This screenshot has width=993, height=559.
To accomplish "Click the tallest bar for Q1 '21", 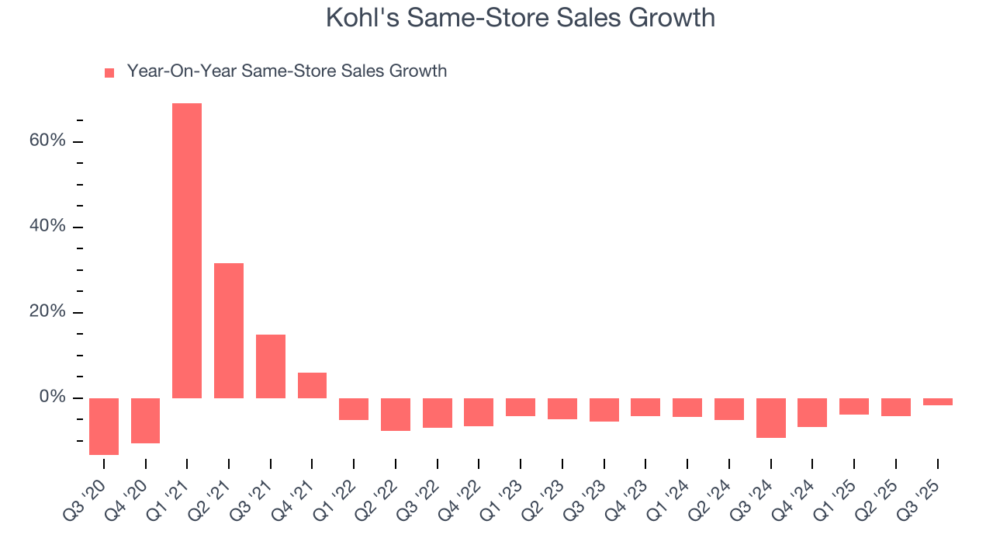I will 187,251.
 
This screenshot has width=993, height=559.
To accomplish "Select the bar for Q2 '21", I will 229,331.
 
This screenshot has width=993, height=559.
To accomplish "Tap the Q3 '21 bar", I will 271,366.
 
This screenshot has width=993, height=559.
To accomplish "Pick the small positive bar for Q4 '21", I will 312,385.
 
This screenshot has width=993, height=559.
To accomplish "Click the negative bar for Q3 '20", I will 104,426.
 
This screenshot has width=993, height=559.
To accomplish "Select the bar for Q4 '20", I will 145,421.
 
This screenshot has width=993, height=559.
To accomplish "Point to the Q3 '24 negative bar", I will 771,418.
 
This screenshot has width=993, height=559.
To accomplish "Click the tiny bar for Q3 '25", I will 938,401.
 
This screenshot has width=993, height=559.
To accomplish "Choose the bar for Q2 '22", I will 396,415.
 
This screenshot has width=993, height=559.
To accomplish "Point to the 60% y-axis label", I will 48,141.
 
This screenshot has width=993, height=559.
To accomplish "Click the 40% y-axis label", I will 48,227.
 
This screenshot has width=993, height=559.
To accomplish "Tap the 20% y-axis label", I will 48,312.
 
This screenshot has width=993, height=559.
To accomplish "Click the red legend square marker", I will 109,73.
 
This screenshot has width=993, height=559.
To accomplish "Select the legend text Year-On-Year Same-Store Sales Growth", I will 286,71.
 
